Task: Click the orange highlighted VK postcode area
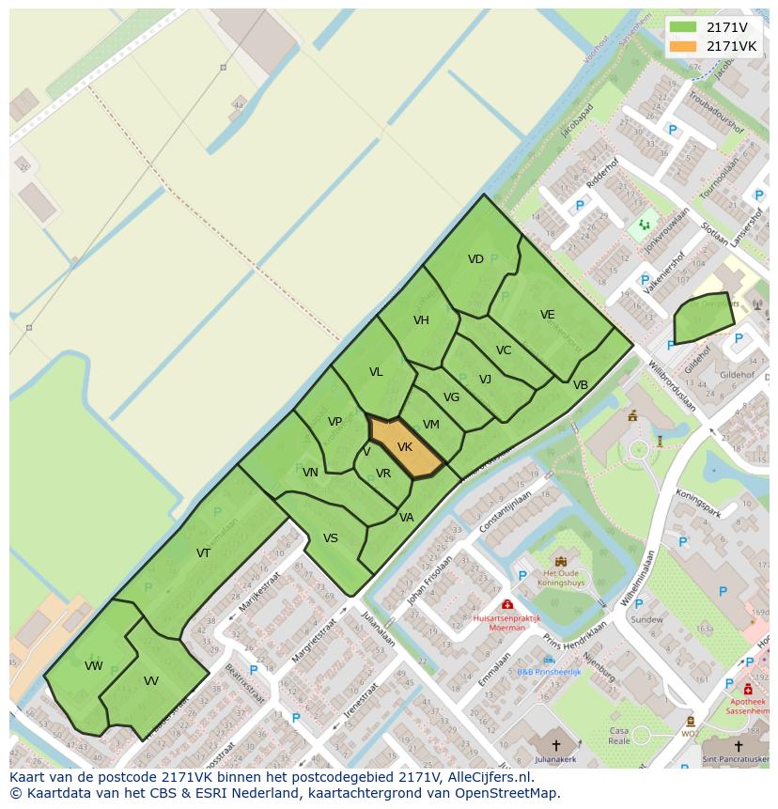coord(407,448)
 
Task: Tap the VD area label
coord(475,259)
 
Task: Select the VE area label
coord(547,315)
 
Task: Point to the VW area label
coord(93,666)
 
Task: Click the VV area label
coord(151,681)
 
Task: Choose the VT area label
coord(203,553)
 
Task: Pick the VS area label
coord(331,538)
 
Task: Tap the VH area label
coord(421,320)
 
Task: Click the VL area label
coord(376,372)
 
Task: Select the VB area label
coord(581,385)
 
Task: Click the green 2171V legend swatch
coord(683,27)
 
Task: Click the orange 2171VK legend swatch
coord(683,46)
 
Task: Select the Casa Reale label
coord(619,736)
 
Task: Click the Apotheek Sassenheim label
coord(748,707)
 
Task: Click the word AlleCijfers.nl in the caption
coord(490,777)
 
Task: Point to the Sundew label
coord(646,619)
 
